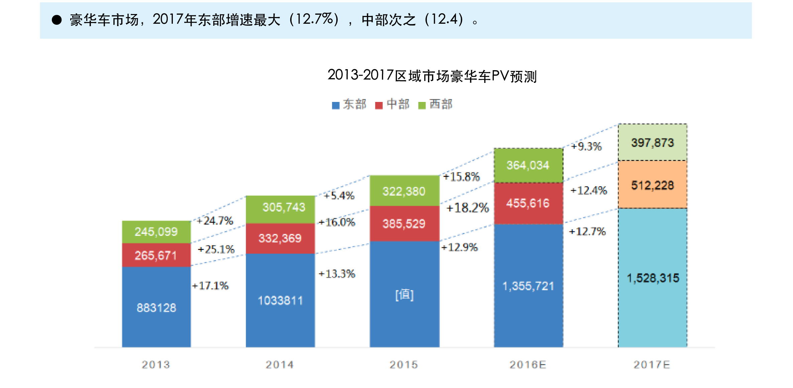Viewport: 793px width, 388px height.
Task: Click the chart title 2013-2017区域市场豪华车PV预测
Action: pyautogui.click(x=432, y=76)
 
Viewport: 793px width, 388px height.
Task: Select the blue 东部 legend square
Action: pyautogui.click(x=335, y=105)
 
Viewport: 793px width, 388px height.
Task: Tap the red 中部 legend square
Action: pyautogui.click(x=378, y=105)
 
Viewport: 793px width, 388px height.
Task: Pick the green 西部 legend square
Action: pyautogui.click(x=422, y=105)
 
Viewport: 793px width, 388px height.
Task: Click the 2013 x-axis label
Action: pyautogui.click(x=156, y=365)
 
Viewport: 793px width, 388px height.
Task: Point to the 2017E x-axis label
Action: pyautogui.click(x=652, y=365)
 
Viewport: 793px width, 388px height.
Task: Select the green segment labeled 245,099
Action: pyautogui.click(x=156, y=232)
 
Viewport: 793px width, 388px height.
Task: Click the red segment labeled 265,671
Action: pyautogui.click(x=156, y=255)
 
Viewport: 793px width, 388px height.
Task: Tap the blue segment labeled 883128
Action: pyautogui.click(x=156, y=307)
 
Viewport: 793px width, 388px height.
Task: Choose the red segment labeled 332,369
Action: pyautogui.click(x=280, y=238)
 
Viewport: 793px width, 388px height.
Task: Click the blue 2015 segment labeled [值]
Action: pyautogui.click(x=404, y=294)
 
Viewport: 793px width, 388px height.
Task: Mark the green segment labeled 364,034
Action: pyautogui.click(x=528, y=165)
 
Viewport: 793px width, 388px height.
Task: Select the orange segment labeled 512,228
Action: pyautogui.click(x=652, y=185)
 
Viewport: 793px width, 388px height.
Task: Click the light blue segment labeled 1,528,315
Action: pyautogui.click(x=652, y=278)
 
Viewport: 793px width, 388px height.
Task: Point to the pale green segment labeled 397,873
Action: pyautogui.click(x=652, y=142)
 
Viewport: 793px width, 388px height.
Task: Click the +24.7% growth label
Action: pyautogui.click(x=215, y=221)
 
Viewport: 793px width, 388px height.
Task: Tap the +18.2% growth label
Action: pyautogui.click(x=467, y=208)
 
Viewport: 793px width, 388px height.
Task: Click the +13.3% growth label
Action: pyautogui.click(x=337, y=274)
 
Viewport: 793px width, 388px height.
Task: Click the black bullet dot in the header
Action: pyautogui.click(x=57, y=20)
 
